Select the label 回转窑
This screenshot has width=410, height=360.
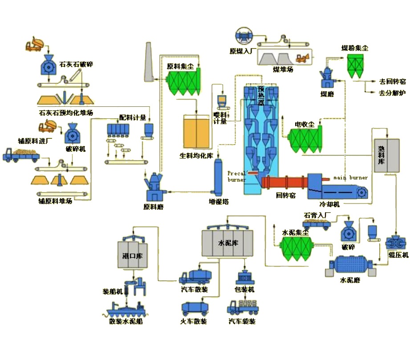point(285,195)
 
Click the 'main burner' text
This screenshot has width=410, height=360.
point(351,178)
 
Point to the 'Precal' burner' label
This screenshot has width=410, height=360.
point(236,176)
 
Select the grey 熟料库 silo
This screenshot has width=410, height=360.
point(386,155)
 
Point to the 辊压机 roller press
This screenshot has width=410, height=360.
point(395,243)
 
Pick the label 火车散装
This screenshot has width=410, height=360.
point(193,321)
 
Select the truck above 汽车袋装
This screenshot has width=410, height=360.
point(243,307)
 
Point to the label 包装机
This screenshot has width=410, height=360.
point(245,290)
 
